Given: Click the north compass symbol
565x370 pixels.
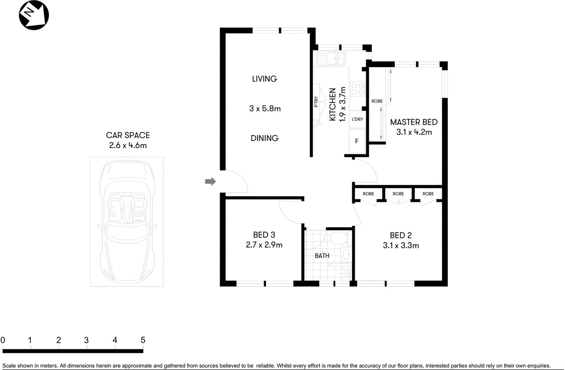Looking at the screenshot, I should [x=34, y=15].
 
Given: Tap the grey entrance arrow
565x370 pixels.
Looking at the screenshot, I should [x=210, y=181].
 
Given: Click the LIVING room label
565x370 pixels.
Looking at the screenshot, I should [x=264, y=79].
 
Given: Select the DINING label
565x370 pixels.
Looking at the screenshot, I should [x=264, y=138].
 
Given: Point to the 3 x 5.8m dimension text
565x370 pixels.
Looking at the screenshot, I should [x=265, y=109].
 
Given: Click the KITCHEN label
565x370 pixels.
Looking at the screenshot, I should [x=332, y=104].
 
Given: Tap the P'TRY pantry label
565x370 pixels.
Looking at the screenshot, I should [x=316, y=102].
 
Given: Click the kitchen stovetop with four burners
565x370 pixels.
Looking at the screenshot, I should [x=357, y=88].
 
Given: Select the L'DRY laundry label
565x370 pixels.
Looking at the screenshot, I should [x=357, y=119].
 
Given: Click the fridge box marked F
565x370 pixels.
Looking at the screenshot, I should [x=357, y=141].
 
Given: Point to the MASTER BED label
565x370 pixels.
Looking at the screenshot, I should [x=414, y=122].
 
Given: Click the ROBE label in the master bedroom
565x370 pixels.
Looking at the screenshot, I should [x=377, y=101].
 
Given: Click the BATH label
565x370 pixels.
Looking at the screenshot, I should [x=322, y=256].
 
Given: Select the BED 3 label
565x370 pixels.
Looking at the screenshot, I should [x=264, y=235].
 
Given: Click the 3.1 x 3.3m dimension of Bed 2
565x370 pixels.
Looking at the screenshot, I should [x=401, y=246].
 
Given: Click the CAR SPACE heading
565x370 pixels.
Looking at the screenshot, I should [x=128, y=135].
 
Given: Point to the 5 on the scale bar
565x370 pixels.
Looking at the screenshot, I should [x=143, y=340].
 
